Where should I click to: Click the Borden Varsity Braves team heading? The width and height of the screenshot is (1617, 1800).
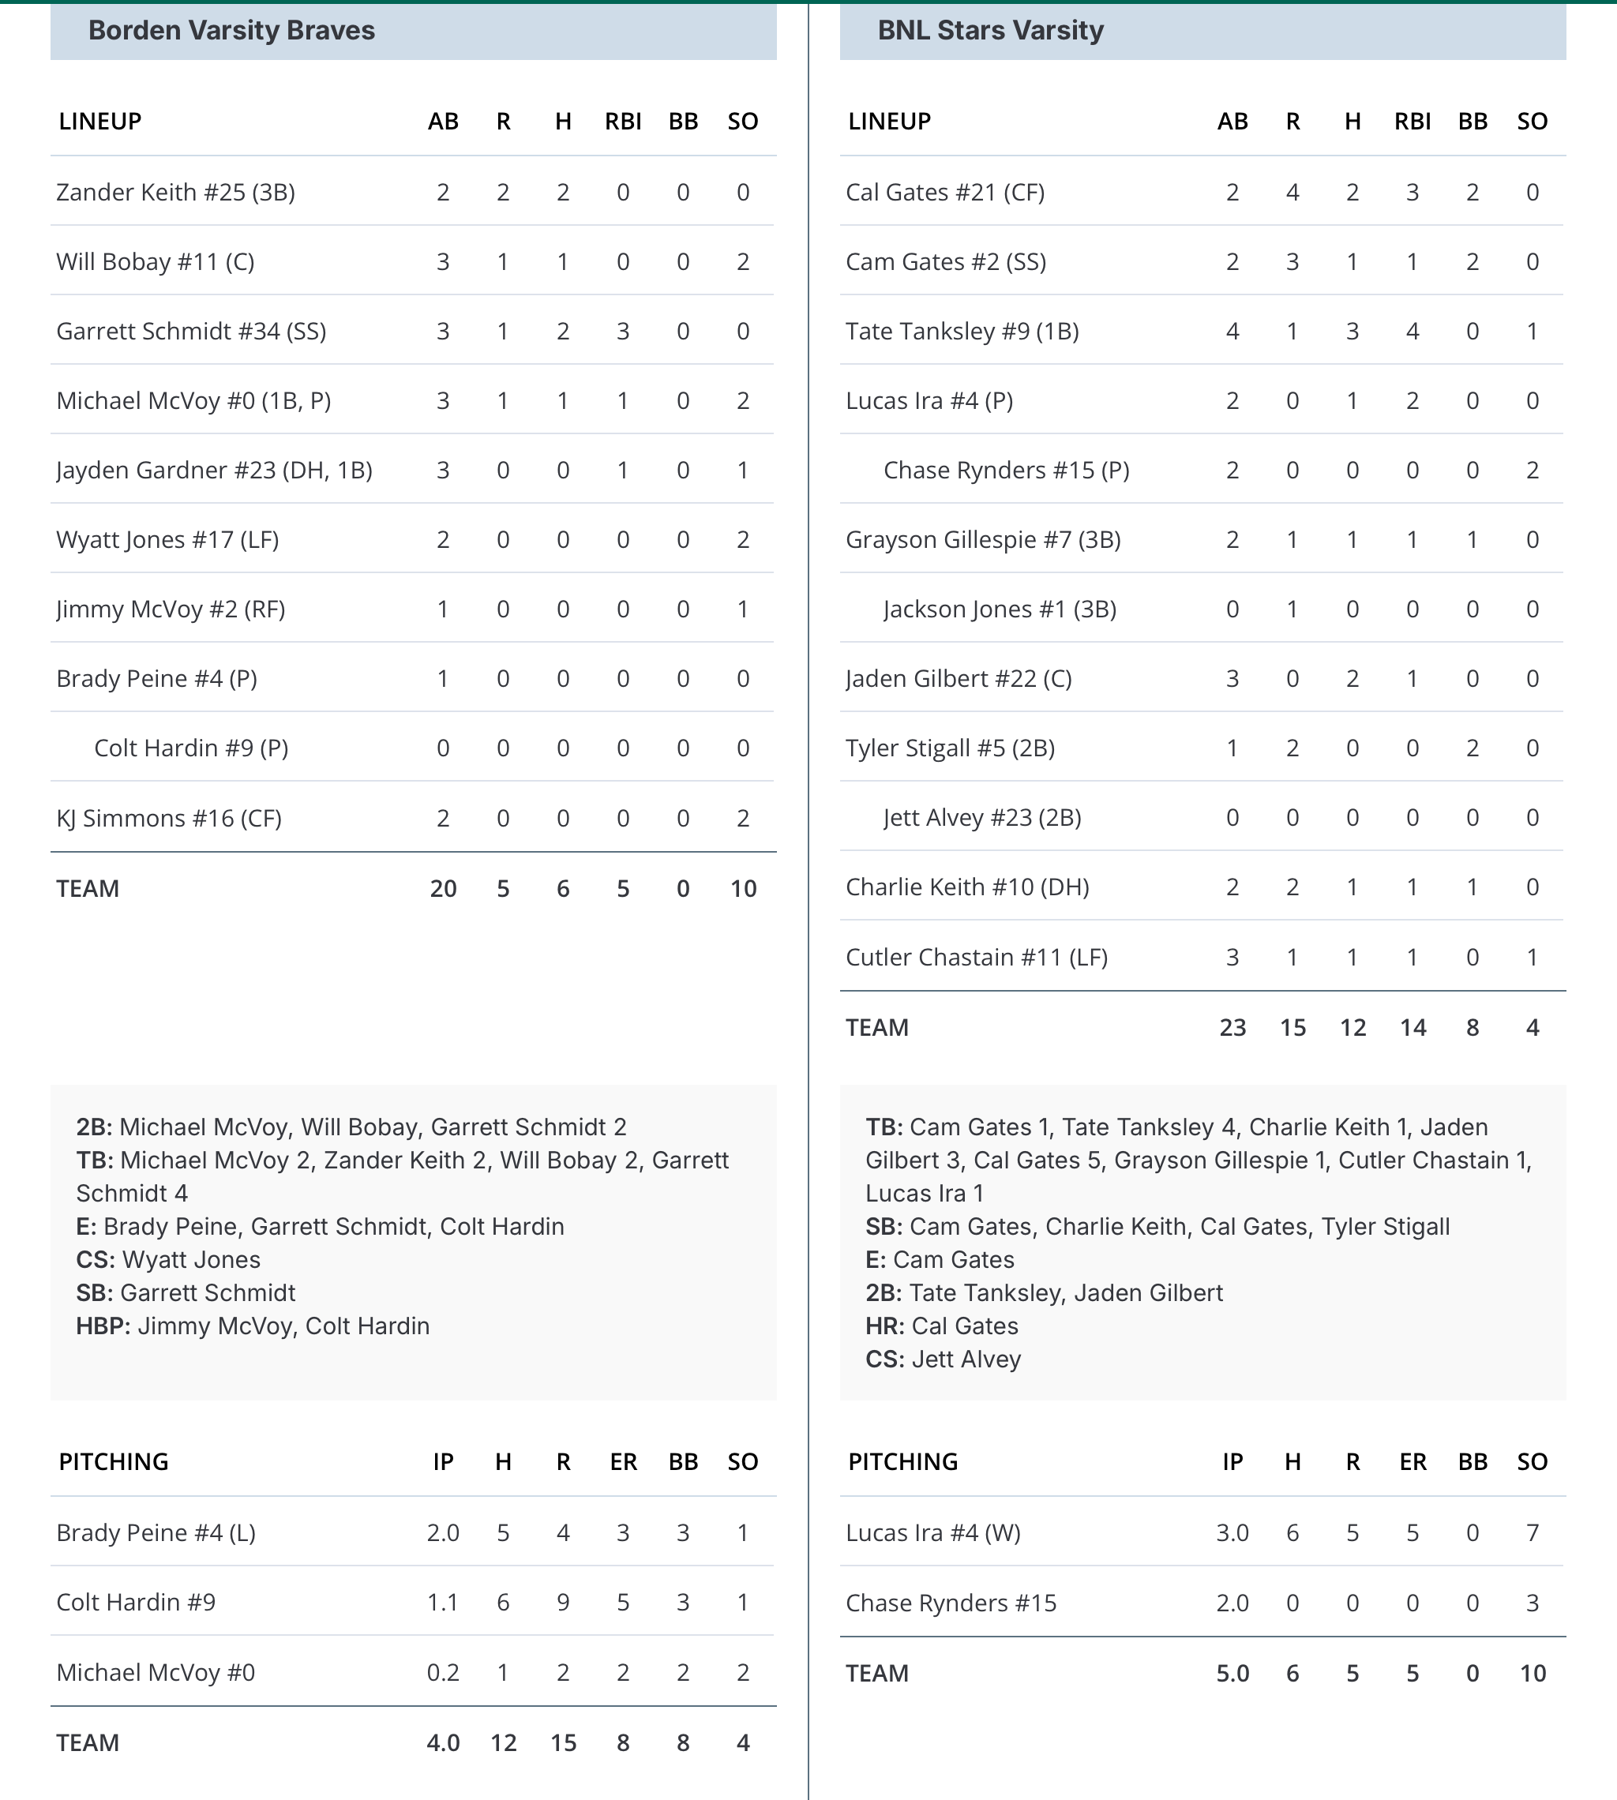click(x=231, y=31)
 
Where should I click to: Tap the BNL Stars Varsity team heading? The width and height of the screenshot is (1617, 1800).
click(x=990, y=31)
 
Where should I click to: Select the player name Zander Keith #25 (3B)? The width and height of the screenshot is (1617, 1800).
click(x=175, y=193)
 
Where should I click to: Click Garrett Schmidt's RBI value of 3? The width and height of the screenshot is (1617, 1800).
click(x=623, y=332)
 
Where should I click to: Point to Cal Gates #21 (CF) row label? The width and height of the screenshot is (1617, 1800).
click(x=944, y=193)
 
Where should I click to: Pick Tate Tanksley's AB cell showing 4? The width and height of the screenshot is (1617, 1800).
click(x=1232, y=332)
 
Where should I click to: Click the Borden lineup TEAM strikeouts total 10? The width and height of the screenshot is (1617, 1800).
click(x=743, y=888)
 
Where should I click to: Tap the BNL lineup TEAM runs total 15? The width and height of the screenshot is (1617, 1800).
click(x=1292, y=1028)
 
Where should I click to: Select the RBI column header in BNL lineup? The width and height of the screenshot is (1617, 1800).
click(x=1412, y=122)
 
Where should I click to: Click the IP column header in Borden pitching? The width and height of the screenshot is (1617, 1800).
click(x=442, y=1462)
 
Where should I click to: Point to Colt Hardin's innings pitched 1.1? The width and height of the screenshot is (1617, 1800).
click(x=442, y=1603)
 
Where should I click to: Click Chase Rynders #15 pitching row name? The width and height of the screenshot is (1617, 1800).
click(x=951, y=1603)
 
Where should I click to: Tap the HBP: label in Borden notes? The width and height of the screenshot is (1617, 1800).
click(x=103, y=1326)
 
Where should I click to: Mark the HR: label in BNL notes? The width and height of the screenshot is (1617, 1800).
click(x=885, y=1326)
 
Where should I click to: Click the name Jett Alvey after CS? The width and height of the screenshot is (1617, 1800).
click(x=966, y=1359)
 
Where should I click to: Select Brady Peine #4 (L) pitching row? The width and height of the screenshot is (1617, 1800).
click(x=156, y=1533)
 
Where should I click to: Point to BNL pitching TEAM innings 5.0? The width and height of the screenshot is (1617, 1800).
click(x=1232, y=1674)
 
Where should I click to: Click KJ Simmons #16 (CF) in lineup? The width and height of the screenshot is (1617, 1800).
click(x=169, y=818)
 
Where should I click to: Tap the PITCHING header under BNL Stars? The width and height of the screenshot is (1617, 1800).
click(x=902, y=1462)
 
